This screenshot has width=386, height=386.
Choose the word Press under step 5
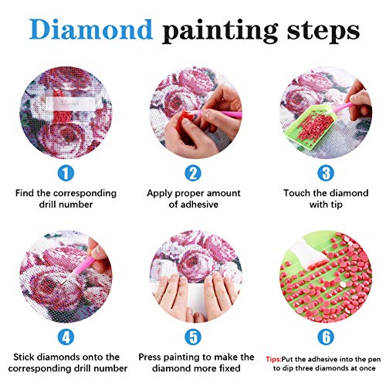point(152,357)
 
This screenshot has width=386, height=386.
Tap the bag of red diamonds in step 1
point(61,103)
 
